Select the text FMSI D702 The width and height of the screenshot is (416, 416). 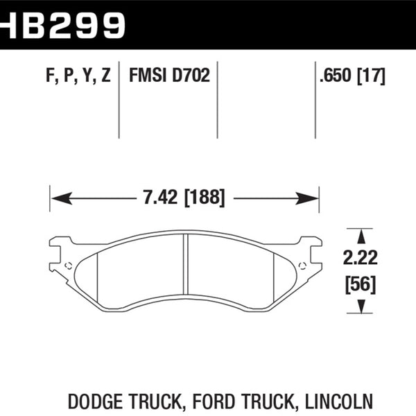point(169,76)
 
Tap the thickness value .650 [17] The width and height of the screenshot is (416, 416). point(352,76)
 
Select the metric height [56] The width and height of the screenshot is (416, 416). point(358,284)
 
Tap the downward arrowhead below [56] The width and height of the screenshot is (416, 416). point(358,307)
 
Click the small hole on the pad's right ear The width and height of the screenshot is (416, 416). point(301,266)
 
